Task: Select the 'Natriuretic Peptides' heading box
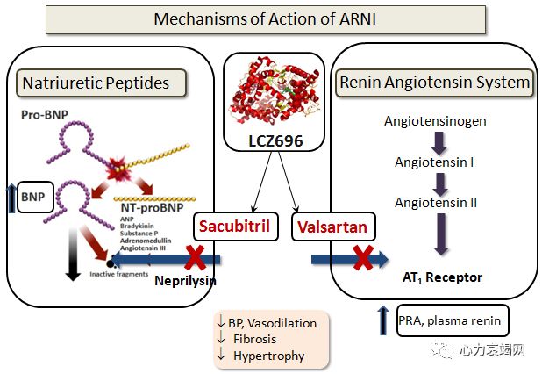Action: pos(103,83)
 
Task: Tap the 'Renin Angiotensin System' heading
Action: pos(435,83)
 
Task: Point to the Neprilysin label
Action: pos(186,281)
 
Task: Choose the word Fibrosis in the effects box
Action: pos(257,339)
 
